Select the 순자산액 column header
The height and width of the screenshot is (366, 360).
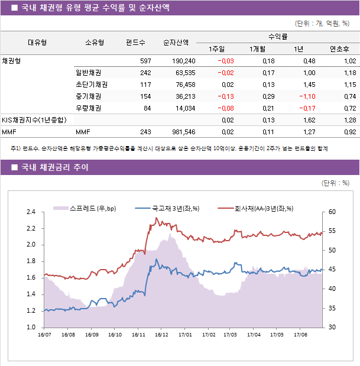(176, 42)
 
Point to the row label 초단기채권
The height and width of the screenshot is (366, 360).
(88, 85)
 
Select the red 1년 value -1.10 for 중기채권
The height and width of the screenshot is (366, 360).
(306, 96)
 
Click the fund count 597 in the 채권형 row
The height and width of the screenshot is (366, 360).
(145, 61)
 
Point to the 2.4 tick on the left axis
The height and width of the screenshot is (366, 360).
(31, 212)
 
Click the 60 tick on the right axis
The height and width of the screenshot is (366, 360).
(332, 212)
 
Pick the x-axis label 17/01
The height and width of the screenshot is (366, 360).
(185, 335)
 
